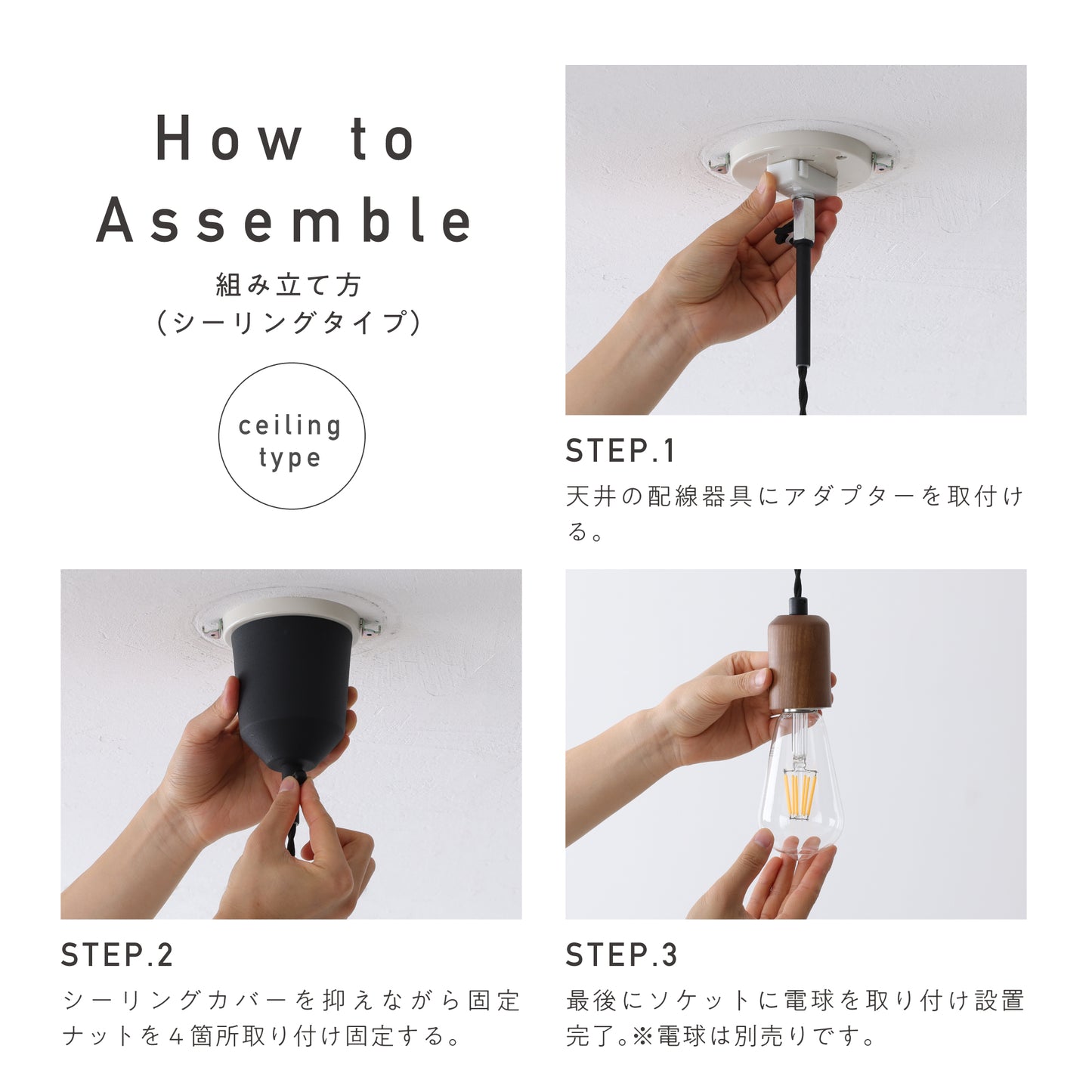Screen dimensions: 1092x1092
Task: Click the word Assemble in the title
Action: [x=284, y=220]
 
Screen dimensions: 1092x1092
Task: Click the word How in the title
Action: [x=228, y=138]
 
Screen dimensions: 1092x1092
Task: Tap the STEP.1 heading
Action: [x=620, y=451]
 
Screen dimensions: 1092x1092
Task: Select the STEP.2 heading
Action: [x=116, y=954]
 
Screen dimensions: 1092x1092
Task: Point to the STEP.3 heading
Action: [x=621, y=954]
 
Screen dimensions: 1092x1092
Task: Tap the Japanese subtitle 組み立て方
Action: [x=289, y=285]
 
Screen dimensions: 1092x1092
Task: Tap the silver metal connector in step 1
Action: [x=803, y=217]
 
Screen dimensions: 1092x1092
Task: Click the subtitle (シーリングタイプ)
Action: [x=289, y=323]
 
